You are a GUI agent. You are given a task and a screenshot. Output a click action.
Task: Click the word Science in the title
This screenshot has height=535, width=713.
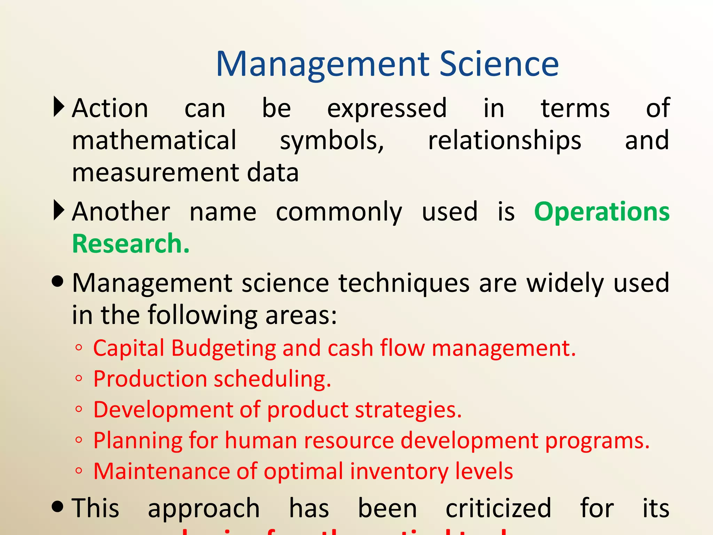499,64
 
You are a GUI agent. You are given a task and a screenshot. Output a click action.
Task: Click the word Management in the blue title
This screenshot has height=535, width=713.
322,64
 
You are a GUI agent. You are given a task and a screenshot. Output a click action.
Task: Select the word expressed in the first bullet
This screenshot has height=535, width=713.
387,109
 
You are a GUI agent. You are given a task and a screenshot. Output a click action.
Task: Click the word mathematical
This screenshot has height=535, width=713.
154,140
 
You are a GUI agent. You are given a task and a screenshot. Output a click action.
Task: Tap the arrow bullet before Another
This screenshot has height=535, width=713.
59,210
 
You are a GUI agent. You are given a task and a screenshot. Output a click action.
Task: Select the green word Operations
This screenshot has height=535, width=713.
602,212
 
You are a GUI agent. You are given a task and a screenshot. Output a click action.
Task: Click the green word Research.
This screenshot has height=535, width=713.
131,243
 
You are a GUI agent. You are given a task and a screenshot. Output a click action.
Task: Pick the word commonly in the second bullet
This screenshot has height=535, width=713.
339,212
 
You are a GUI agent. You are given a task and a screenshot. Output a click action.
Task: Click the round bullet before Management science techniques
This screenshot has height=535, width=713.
58,281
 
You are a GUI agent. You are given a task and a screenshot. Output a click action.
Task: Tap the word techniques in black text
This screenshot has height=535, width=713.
404,283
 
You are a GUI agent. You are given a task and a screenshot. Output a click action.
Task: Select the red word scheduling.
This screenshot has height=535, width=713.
272,379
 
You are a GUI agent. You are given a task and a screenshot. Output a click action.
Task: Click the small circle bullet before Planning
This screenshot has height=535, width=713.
79,440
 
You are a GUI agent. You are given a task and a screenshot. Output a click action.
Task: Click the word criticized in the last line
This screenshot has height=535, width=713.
498,508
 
